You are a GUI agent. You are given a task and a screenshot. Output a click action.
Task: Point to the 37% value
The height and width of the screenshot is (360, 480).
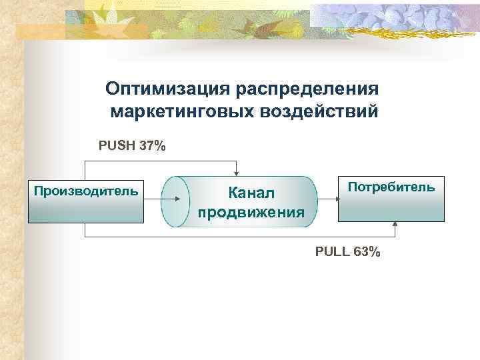(153, 145)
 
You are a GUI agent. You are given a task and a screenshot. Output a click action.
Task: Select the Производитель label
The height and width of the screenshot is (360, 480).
(86, 192)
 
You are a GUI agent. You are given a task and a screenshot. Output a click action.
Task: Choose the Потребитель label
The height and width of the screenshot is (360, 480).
(391, 187)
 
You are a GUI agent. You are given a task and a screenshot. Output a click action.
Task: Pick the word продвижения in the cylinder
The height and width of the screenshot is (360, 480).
(251, 213)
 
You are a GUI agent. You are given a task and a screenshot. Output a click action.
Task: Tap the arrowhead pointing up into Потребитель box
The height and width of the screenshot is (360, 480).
(395, 225)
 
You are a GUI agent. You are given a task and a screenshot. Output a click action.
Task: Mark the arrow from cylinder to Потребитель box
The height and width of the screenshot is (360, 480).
(327, 199)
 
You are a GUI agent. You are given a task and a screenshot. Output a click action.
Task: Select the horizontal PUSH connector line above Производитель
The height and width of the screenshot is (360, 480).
(160, 161)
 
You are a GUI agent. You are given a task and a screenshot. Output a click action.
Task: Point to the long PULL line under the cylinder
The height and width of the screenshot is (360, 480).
(240, 237)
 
